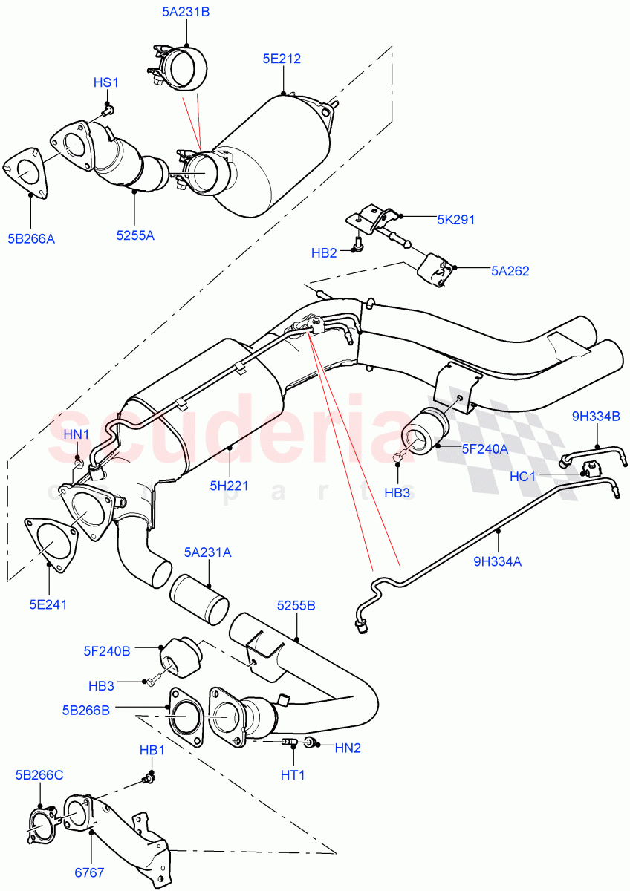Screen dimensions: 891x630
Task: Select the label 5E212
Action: coord(282,59)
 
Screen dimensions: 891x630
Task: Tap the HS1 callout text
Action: coord(105,82)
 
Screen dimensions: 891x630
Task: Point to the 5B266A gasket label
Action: coord(31,239)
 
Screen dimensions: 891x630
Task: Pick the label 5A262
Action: coord(510,271)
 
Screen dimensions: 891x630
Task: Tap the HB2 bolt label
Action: coord(324,253)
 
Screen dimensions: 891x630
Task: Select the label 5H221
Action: coord(229,486)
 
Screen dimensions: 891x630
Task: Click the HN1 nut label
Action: coord(77,434)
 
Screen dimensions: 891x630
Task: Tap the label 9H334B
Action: coord(595,417)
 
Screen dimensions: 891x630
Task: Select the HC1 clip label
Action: coord(523,476)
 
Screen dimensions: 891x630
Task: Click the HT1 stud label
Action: coord(293,774)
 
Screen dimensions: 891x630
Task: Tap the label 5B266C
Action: coord(38,774)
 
